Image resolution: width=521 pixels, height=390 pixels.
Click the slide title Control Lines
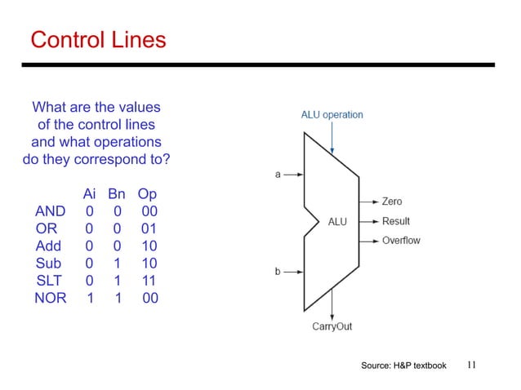pos(97,39)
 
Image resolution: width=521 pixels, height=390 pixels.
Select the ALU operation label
pos(332,115)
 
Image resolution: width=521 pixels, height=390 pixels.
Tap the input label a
pos(278,174)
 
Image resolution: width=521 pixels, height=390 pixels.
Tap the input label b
pos(278,272)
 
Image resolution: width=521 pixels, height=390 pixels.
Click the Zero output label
pos(391,202)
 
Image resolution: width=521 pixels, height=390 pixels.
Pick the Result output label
pos(395,221)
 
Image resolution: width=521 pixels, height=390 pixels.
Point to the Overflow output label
pos(400,241)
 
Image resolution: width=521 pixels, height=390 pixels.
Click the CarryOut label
pos(332,326)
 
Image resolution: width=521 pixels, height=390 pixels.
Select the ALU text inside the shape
pos(338,221)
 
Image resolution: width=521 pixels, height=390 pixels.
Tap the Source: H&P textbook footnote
pos(403,366)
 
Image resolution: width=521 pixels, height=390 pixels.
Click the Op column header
pos(147,195)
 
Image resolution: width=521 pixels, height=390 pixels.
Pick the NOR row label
pos(51,298)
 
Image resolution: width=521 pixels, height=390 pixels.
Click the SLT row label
pos(49,281)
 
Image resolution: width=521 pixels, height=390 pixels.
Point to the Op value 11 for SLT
pos(148,281)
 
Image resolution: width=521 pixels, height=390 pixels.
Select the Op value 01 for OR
pos(148,229)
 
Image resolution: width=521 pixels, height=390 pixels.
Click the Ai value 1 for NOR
pos(90,298)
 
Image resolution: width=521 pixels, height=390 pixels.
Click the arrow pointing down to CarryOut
pos(332,307)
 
